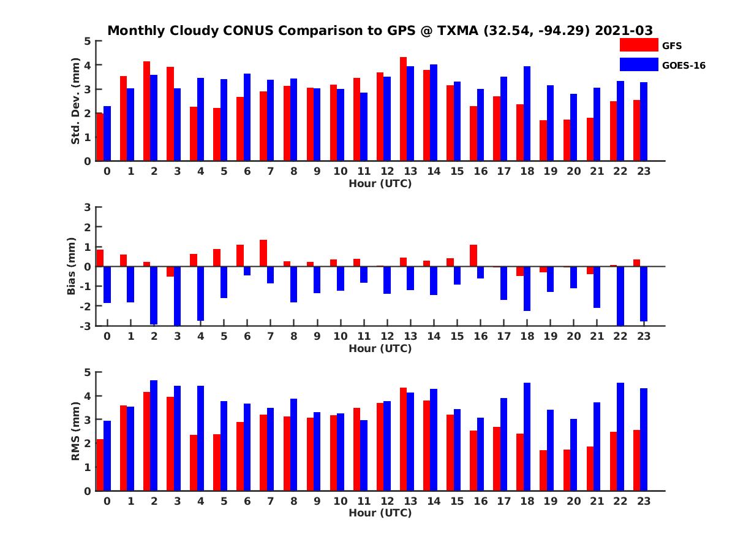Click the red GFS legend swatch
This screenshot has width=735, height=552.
tap(638, 45)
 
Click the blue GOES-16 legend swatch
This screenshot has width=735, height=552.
tap(638, 64)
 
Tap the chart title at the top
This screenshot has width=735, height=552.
tap(380, 30)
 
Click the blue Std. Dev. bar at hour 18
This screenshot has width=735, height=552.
tap(527, 113)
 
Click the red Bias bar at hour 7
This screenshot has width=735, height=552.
tap(263, 253)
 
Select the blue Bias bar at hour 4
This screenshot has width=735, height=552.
tap(200, 293)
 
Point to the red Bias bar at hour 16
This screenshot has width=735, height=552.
tap(473, 255)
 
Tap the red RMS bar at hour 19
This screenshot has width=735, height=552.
tap(543, 470)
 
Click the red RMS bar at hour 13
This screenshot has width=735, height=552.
tap(403, 439)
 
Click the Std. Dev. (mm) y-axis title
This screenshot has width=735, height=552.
tap(76, 101)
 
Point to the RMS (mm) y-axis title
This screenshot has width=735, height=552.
tap(76, 431)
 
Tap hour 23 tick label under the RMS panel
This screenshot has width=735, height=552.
tap(644, 501)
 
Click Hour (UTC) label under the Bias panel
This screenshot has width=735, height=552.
tap(380, 348)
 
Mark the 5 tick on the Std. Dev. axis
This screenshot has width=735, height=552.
tap(88, 41)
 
